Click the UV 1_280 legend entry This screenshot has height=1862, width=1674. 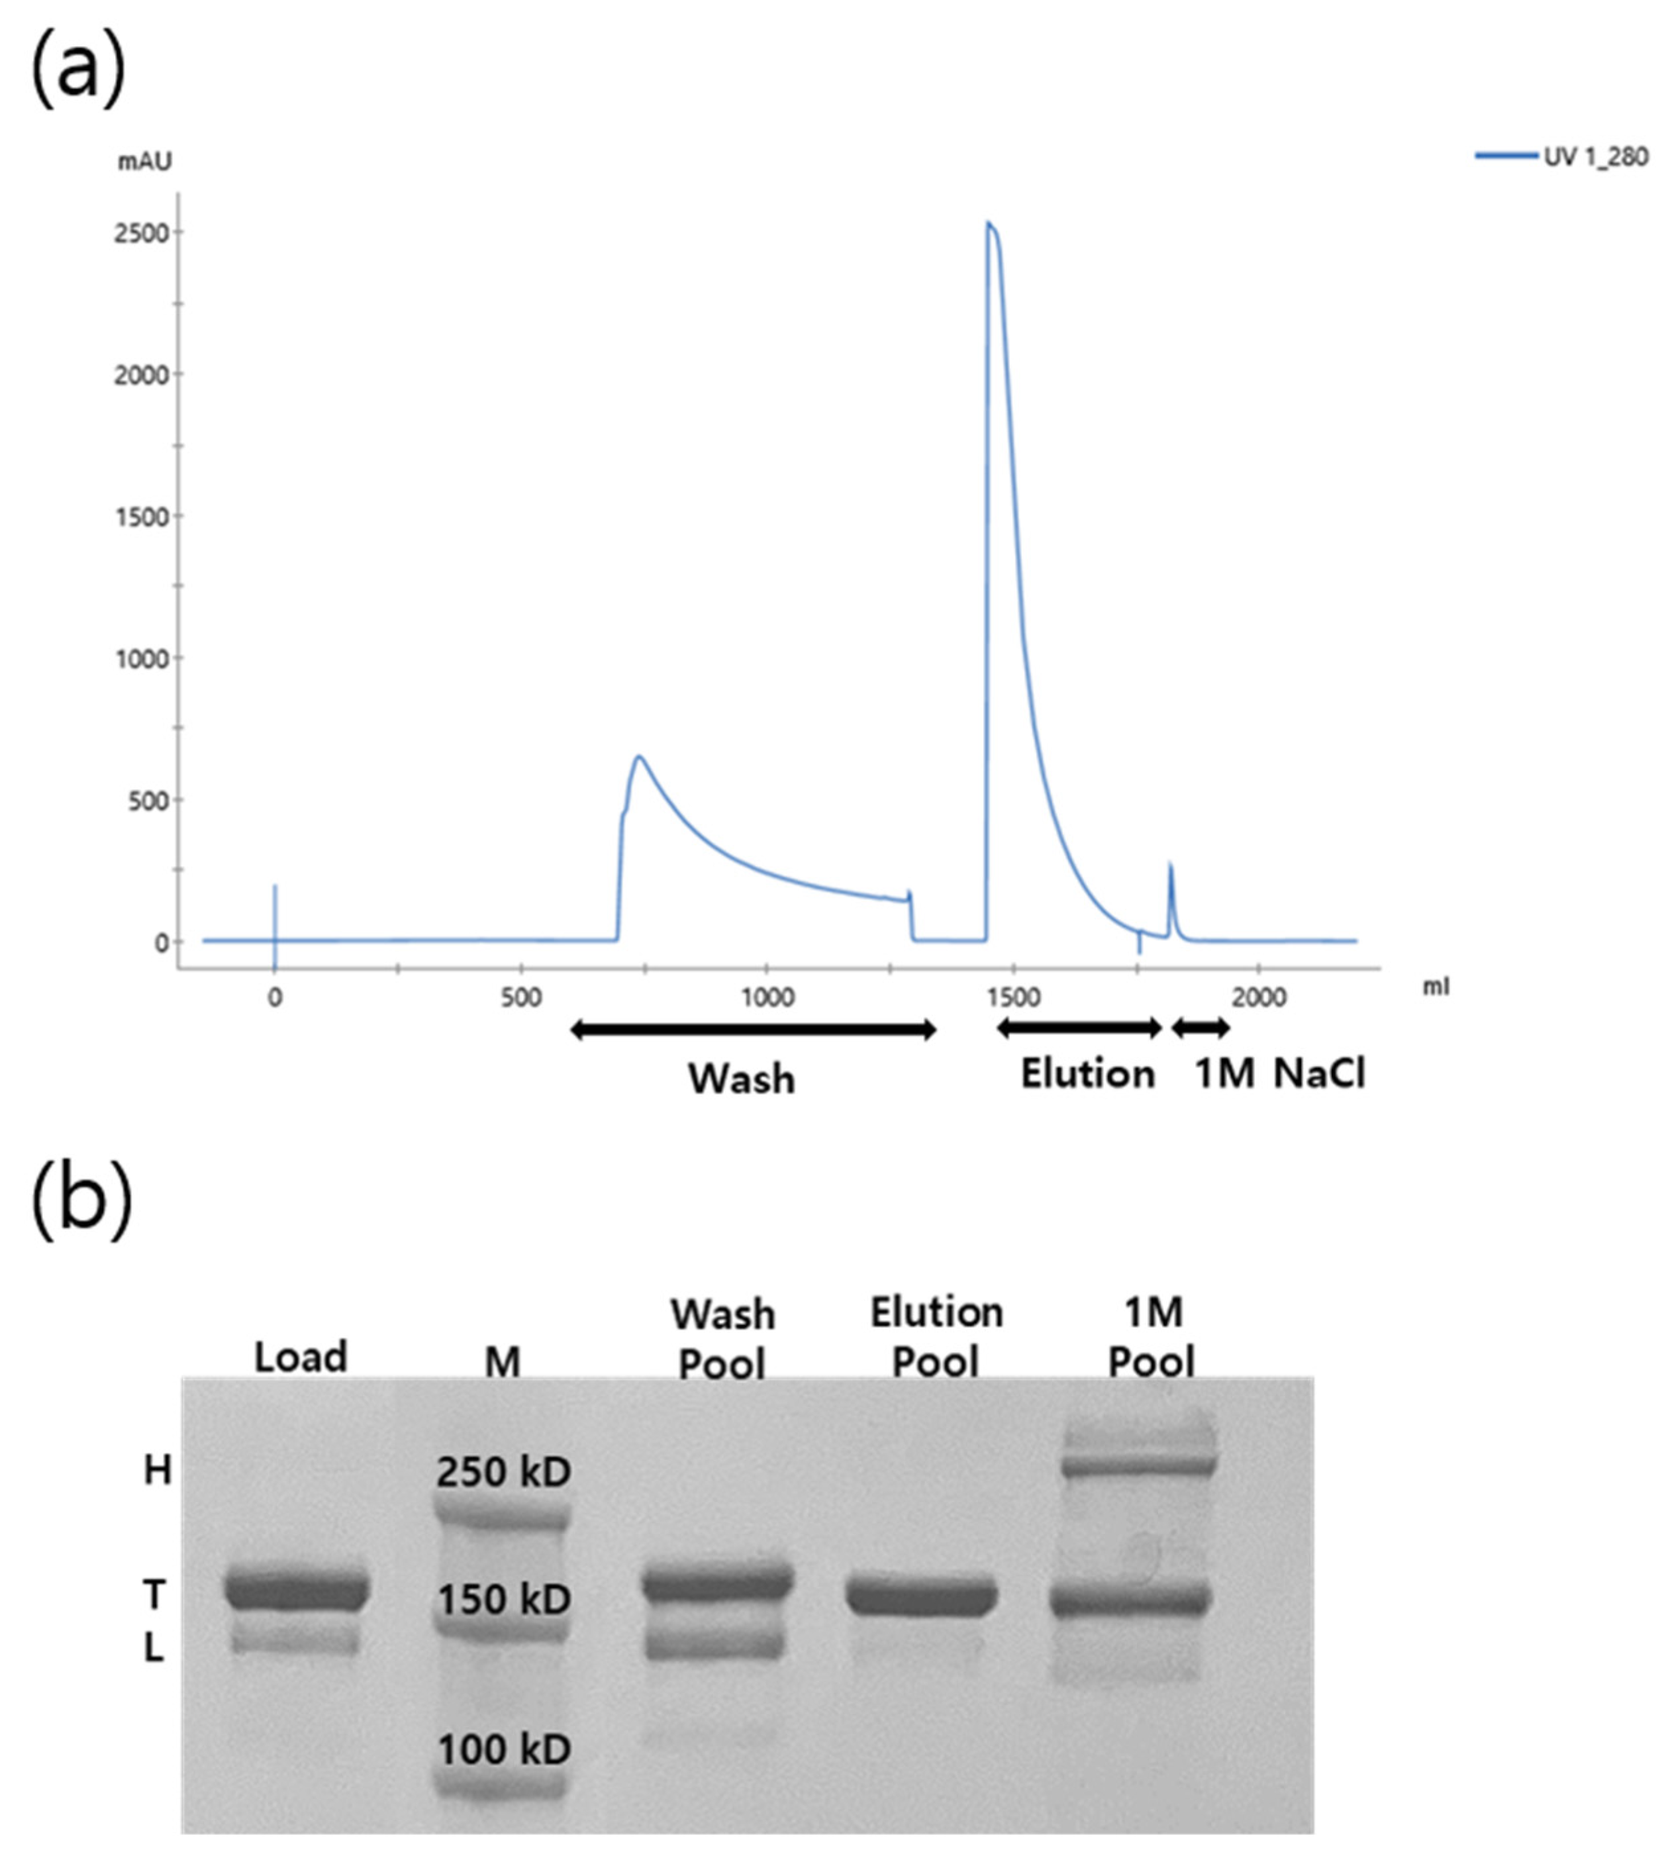pos(1563,156)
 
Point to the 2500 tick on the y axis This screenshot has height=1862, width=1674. pos(142,234)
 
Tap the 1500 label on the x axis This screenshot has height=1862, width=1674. pos(1012,998)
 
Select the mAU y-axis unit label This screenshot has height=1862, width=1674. pos(144,162)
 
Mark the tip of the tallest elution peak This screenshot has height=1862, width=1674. pos(989,222)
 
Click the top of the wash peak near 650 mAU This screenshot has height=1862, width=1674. pos(638,757)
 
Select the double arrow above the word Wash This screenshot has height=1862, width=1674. pos(752,1030)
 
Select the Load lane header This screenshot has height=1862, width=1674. pos(300,1357)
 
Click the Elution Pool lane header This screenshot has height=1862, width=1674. pos(936,1337)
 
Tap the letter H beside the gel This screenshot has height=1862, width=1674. pos(158,1471)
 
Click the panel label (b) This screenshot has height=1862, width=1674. pos(81,1200)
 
